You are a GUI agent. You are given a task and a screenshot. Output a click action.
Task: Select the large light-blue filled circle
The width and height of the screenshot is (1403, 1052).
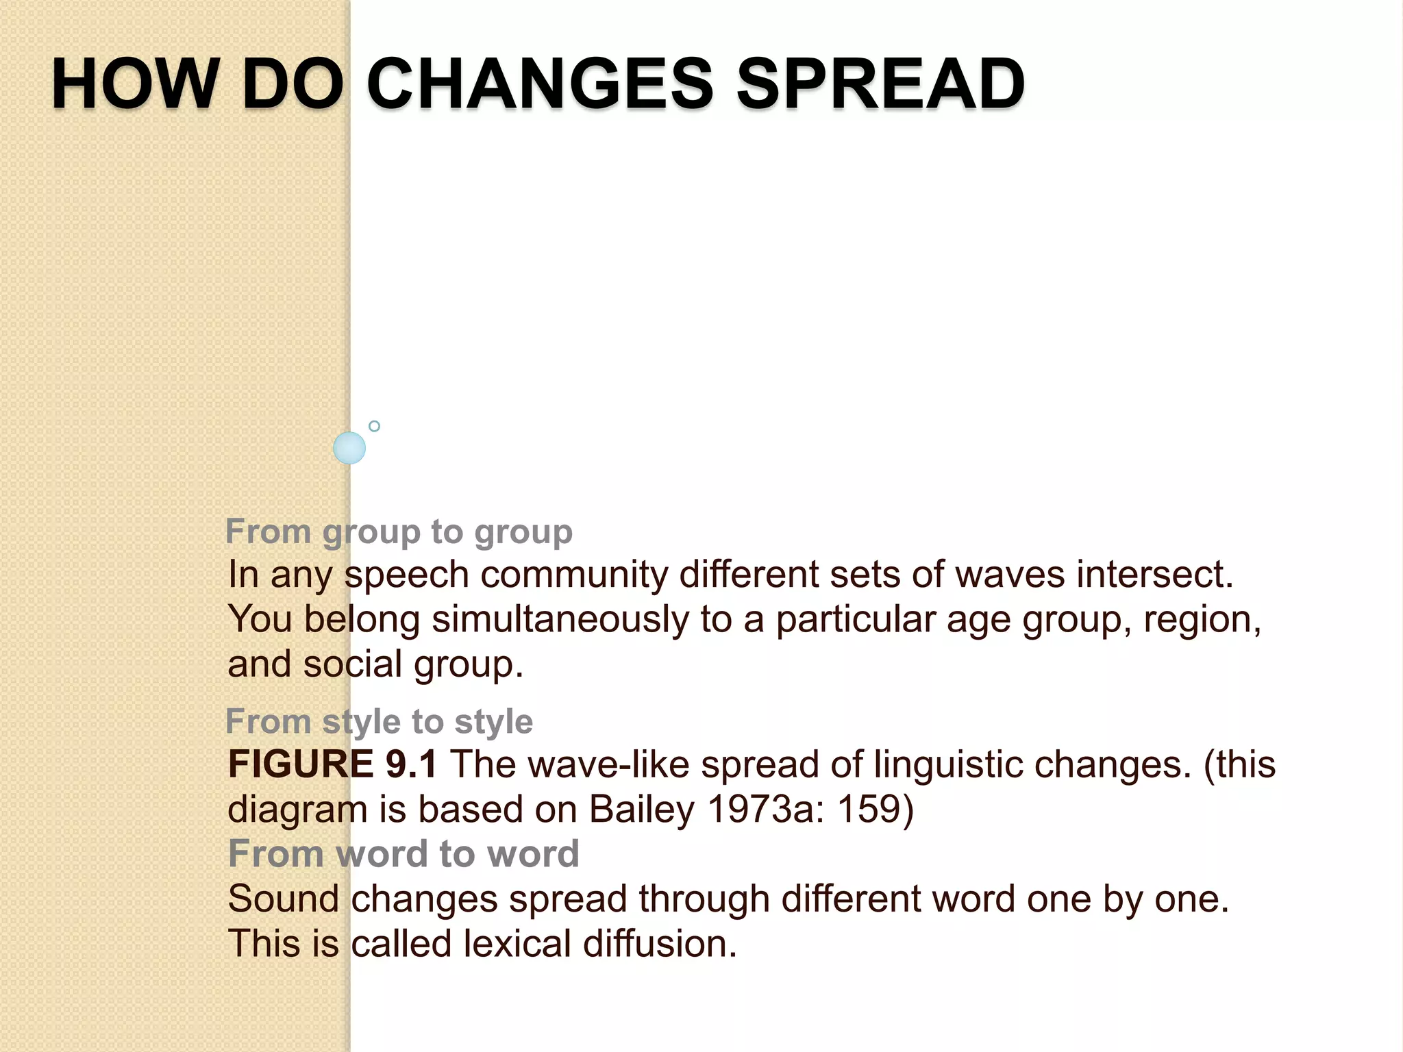click(349, 448)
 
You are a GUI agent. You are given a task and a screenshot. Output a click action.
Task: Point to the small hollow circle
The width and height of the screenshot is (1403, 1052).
click(374, 426)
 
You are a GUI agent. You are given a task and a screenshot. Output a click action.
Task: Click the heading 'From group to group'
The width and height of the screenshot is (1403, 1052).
click(399, 532)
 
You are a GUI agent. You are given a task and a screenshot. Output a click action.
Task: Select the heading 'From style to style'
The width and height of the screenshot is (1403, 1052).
click(379, 722)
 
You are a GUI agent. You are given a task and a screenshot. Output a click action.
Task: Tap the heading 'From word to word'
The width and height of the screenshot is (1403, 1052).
click(403, 854)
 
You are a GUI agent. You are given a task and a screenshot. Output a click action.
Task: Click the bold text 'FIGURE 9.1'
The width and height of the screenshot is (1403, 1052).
click(332, 764)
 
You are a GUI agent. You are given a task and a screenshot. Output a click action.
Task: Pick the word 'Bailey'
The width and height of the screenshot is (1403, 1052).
click(642, 810)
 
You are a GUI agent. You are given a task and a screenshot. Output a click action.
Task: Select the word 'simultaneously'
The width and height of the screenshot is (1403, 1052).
click(560, 620)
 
